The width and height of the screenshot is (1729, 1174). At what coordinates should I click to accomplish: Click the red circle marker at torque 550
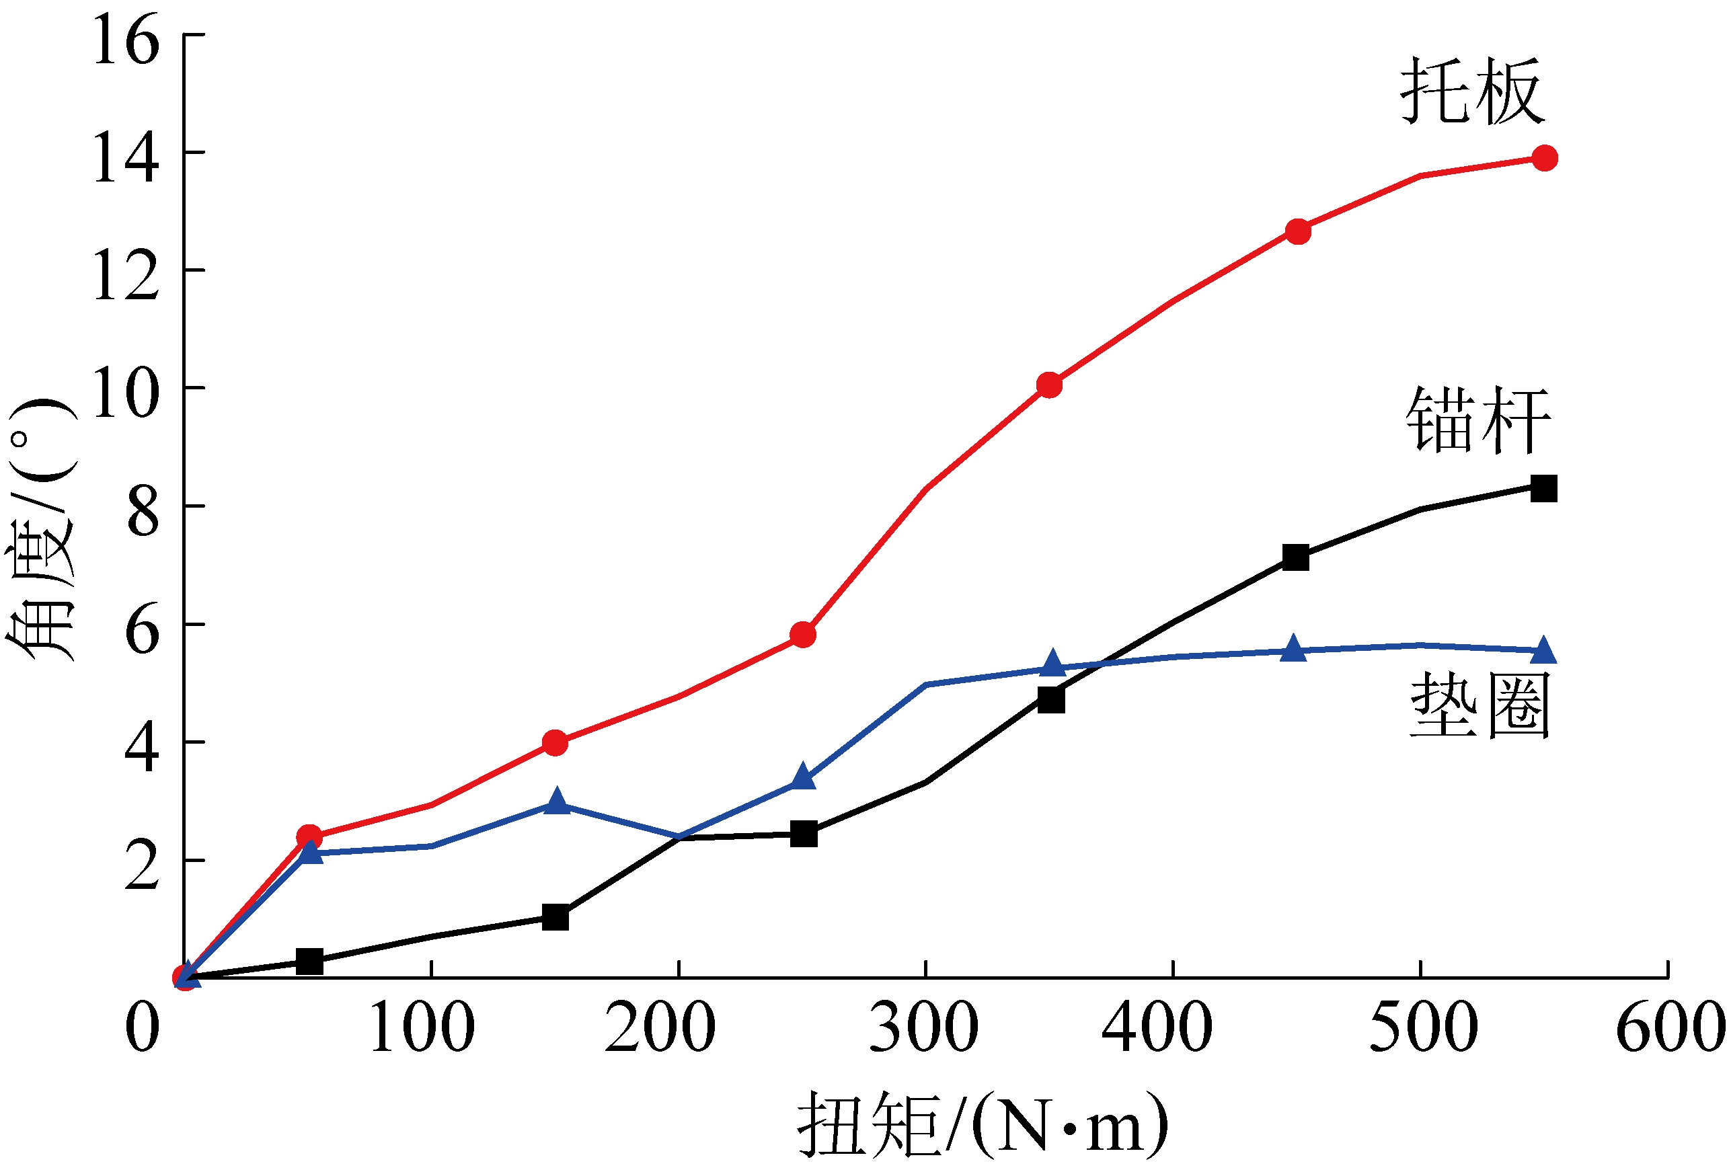point(1545,158)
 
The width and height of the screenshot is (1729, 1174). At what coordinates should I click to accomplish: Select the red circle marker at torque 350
point(1049,385)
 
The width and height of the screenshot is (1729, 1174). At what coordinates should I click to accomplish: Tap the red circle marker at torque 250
point(803,635)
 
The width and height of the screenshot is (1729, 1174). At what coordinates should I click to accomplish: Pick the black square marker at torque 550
point(1544,489)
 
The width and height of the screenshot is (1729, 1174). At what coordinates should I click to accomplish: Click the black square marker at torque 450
point(1296,557)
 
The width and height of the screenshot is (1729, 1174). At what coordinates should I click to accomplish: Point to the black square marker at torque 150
point(555,917)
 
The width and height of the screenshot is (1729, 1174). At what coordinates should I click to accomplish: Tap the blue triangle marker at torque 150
point(556,802)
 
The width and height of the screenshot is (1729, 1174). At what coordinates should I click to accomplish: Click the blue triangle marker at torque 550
point(1544,650)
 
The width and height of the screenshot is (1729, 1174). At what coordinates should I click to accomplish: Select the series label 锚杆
point(1477,420)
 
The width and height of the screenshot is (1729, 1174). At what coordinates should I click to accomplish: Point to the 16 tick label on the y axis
point(126,40)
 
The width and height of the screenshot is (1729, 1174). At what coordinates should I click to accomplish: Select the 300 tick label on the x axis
point(924,1027)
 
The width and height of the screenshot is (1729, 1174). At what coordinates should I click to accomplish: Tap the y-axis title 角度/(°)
point(41,529)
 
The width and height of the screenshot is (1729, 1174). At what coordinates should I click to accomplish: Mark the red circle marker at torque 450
point(1297,231)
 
